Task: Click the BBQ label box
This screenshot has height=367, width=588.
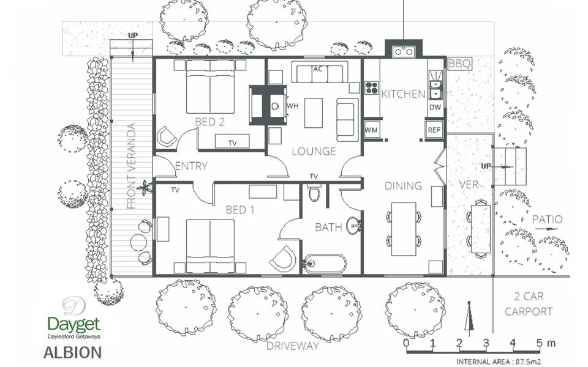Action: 460,64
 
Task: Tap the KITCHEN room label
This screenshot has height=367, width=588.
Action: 403,94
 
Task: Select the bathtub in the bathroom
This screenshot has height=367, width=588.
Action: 325,264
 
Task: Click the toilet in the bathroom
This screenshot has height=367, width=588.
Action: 314,193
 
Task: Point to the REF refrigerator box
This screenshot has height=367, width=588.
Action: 434,129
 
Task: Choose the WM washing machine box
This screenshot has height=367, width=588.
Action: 372,130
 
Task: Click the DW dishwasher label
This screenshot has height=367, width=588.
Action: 435,108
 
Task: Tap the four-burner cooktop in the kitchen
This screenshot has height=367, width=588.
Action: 372,88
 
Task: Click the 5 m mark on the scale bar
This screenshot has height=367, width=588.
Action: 539,343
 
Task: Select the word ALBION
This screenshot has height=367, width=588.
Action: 72,353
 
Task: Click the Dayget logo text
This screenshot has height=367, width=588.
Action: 74,325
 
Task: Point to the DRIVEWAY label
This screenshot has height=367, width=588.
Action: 293,346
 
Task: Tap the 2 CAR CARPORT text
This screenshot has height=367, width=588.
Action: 529,304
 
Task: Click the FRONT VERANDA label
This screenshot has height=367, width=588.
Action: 131,166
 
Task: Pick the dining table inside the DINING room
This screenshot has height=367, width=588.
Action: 404,229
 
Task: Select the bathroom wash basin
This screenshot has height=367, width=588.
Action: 353,226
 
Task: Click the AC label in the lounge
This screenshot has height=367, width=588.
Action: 318,69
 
